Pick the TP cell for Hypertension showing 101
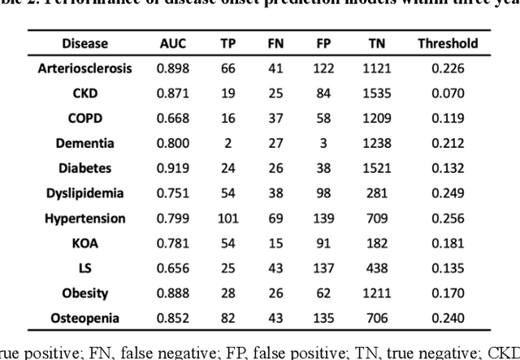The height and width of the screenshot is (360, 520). tap(228, 218)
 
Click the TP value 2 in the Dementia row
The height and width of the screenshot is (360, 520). tap(228, 143)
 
